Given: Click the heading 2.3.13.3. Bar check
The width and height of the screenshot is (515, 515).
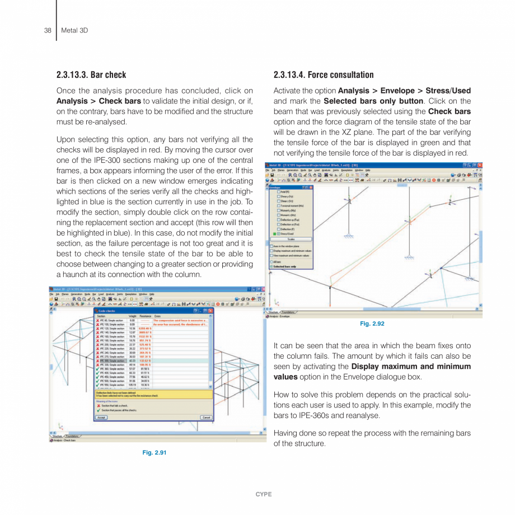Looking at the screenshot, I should [91, 74].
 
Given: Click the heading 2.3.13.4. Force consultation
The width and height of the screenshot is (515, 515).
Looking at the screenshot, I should [323, 74].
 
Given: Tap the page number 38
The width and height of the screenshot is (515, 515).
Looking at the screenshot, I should [48, 30].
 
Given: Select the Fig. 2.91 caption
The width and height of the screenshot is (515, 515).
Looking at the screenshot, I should [154, 452].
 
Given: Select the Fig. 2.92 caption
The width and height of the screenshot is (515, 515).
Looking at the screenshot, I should [372, 324].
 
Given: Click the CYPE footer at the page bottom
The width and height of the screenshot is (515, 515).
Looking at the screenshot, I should [257, 494].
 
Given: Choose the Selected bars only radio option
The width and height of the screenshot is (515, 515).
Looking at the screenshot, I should [272, 266].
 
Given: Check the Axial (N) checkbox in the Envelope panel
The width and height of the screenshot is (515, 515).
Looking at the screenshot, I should [278, 192].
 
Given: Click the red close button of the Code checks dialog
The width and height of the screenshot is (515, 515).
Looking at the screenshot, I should [211, 310].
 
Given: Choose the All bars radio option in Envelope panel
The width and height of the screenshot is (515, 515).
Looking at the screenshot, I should [272, 262].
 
